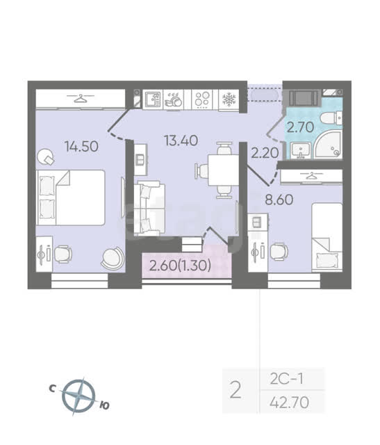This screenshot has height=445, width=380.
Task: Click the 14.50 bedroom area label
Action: (82, 147)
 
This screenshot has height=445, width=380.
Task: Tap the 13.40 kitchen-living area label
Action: (181, 140)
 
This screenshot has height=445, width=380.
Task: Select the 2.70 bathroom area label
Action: (300, 127)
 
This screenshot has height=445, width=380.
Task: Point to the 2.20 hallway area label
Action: (265, 153)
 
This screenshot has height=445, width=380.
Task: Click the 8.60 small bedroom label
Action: (279, 200)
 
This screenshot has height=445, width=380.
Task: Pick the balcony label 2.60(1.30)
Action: (180, 266)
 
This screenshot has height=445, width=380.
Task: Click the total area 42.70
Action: (290, 402)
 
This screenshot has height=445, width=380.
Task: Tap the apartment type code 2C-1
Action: (286, 379)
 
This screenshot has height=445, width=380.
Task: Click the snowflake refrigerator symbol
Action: (229, 99)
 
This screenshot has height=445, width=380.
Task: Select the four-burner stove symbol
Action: (202, 99)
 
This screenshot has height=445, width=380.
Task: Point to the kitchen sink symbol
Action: (153, 99)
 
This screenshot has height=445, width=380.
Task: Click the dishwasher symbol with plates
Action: (174, 99)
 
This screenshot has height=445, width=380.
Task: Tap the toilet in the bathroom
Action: (332, 118)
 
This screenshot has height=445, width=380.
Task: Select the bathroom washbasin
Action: (301, 150)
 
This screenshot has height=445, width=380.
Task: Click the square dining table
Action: (223, 170)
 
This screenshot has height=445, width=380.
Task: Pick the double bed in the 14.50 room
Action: (71, 197)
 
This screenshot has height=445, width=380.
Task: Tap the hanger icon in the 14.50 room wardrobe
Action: (81, 99)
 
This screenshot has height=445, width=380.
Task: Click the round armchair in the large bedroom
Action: (113, 258)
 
